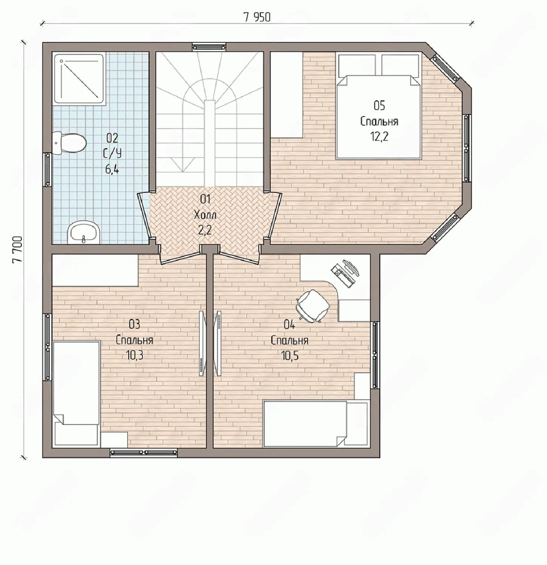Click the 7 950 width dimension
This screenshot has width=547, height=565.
(x=257, y=17)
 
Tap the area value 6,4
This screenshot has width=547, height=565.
(x=112, y=169)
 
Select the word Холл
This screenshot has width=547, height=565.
(x=205, y=215)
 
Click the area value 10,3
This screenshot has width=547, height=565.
(x=135, y=355)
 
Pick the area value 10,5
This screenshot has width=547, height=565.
(x=290, y=355)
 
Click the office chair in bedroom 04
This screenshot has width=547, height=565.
(x=313, y=306)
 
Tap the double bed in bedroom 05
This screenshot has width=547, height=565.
(x=378, y=106)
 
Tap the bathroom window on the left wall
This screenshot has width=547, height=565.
(x=47, y=169)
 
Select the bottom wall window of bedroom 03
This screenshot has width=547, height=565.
(x=144, y=453)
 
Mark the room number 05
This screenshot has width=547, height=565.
(x=379, y=105)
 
